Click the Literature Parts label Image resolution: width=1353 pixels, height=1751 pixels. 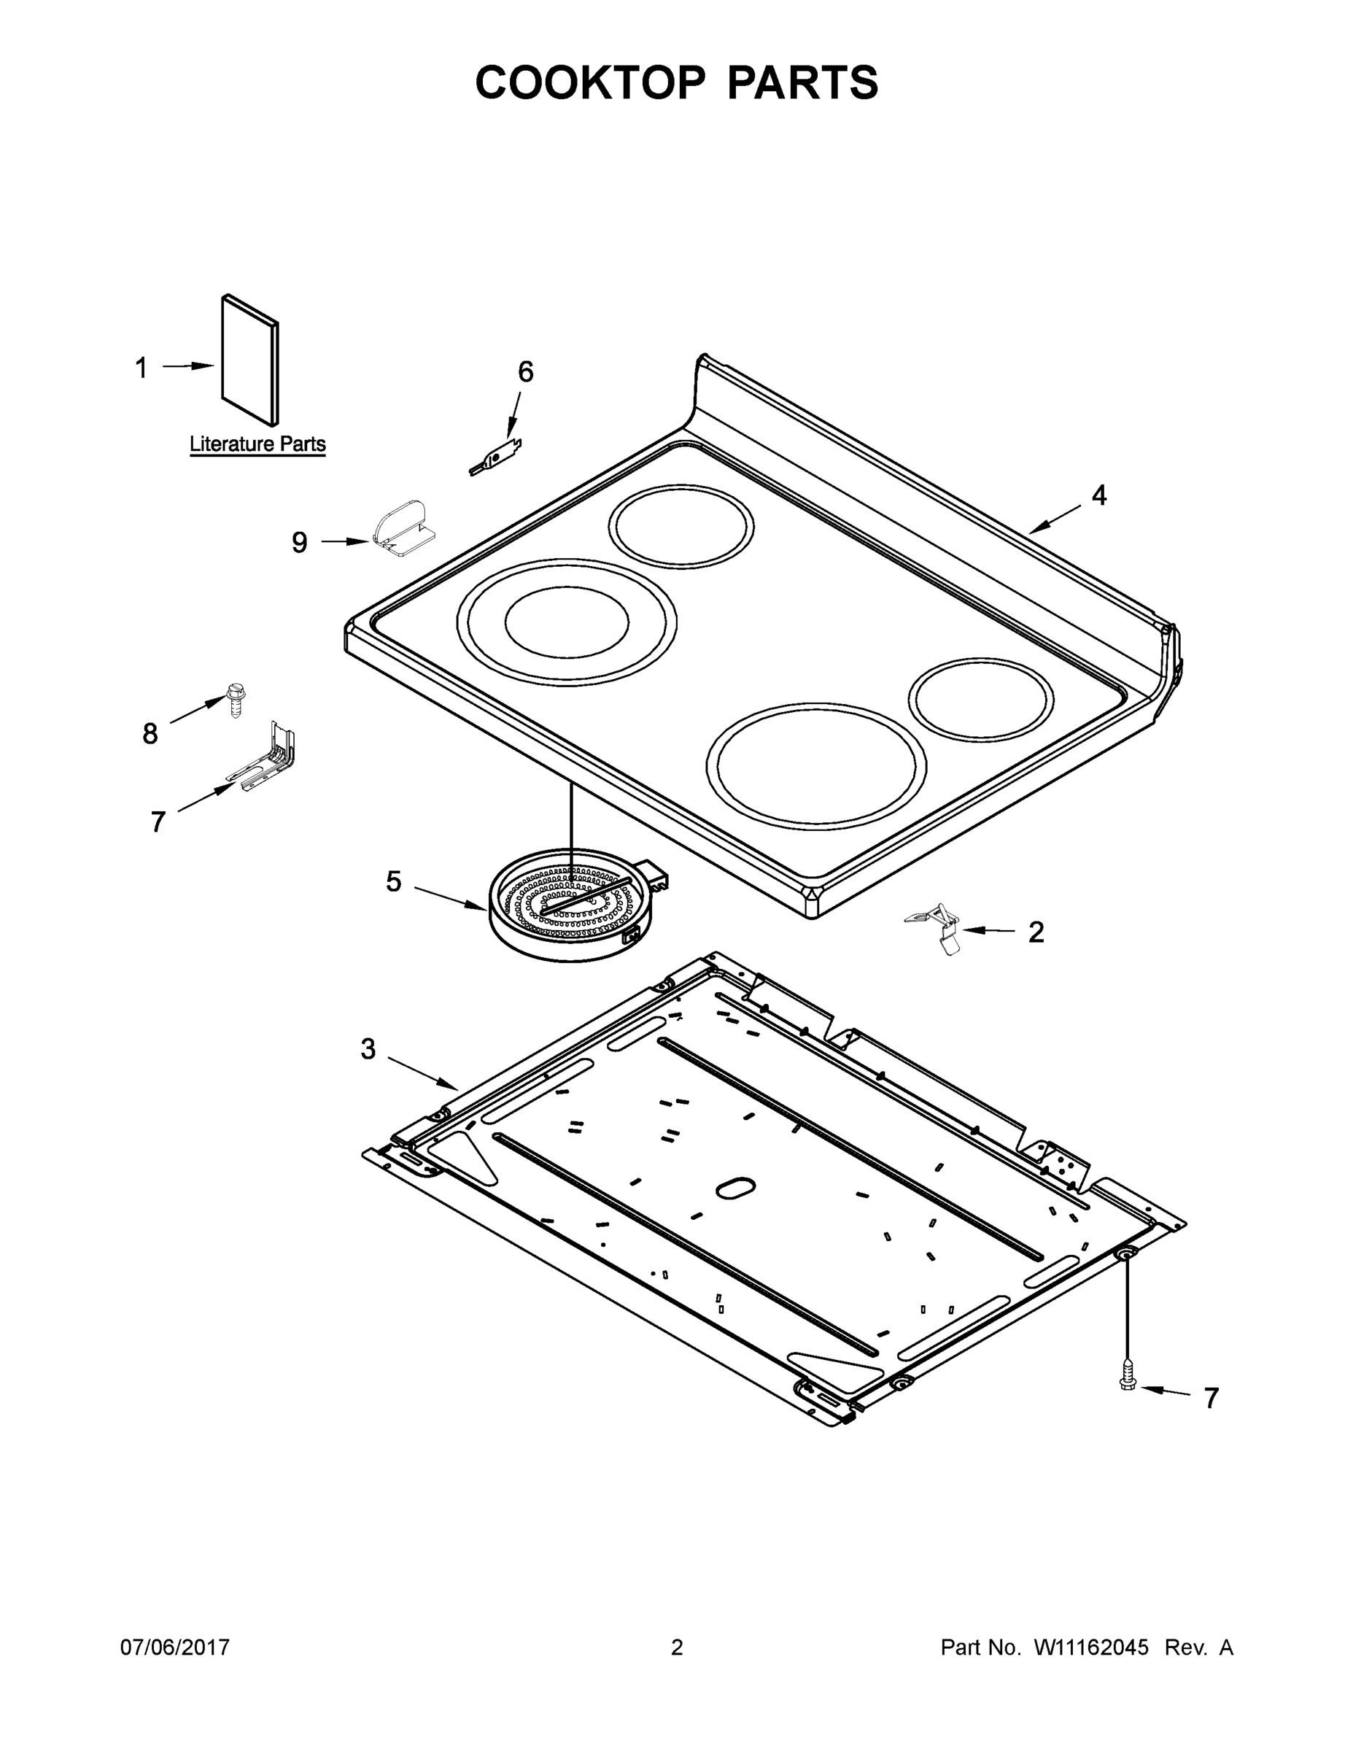click(257, 444)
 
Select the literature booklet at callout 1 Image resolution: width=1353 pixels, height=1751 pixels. click(250, 360)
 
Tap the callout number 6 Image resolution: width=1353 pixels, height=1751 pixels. click(525, 372)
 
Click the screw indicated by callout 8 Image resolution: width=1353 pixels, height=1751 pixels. click(235, 698)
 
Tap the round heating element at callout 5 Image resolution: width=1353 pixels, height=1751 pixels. click(570, 906)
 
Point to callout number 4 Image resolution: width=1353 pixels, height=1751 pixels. click(1099, 495)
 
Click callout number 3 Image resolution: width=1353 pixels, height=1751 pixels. click(368, 1048)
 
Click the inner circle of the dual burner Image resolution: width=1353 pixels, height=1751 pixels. click(567, 622)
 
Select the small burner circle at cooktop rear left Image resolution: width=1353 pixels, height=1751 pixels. click(681, 527)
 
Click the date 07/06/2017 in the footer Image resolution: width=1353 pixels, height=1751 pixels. click(175, 1647)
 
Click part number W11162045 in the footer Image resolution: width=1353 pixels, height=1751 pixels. click(1091, 1647)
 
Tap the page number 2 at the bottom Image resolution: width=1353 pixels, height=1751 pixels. click(677, 1647)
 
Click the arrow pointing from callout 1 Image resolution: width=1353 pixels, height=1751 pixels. click(189, 366)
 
